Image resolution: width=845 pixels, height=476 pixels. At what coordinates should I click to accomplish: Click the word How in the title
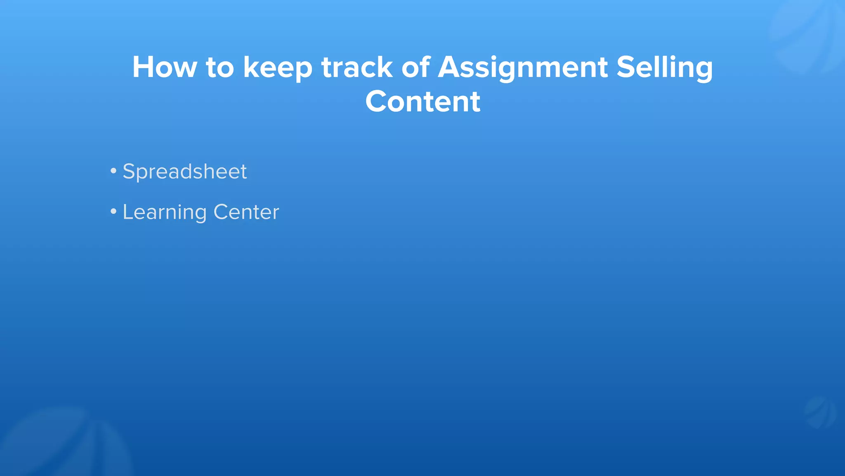pos(164,67)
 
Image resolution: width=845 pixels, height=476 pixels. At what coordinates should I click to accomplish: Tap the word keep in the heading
pos(277,68)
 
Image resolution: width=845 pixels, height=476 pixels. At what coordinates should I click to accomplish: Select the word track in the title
pos(357,67)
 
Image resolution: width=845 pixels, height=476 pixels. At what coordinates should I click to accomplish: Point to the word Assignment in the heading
pos(522,68)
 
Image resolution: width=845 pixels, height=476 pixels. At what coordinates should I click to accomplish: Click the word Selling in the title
pos(664,68)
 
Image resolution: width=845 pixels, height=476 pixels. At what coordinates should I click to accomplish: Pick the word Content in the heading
pos(422,102)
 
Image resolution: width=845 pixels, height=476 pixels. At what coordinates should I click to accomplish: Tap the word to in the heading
pos(220,68)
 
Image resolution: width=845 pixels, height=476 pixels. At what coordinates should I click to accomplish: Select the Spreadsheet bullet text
pos(184,172)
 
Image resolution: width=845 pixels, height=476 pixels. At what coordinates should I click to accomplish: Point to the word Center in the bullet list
pos(246,212)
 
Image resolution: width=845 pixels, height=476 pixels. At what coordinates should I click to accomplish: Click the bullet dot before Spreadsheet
pos(113,171)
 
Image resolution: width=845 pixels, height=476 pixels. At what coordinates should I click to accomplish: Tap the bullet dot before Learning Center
pos(113,212)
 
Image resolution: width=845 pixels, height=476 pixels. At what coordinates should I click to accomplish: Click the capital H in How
pos(144,67)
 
